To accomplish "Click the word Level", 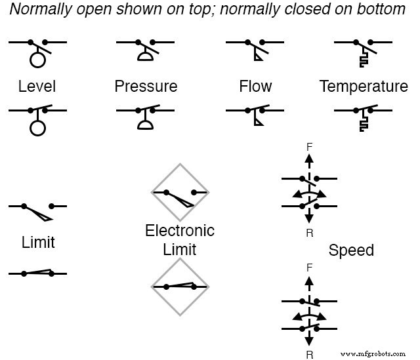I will tap(37, 87).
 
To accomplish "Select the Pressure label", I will tap(146, 87).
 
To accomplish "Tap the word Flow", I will tap(255, 87).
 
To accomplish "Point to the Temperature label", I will tap(364, 87).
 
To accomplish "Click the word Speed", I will tap(351, 250).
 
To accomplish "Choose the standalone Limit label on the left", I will tap(38, 242).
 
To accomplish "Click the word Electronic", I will tap(180, 231).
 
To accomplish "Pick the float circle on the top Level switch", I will tap(37, 60).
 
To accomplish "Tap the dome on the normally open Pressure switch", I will tap(145, 57).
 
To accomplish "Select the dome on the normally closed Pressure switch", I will tap(145, 125).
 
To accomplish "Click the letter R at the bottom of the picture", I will tap(309, 355).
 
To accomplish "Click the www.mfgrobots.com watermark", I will tap(375, 353).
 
